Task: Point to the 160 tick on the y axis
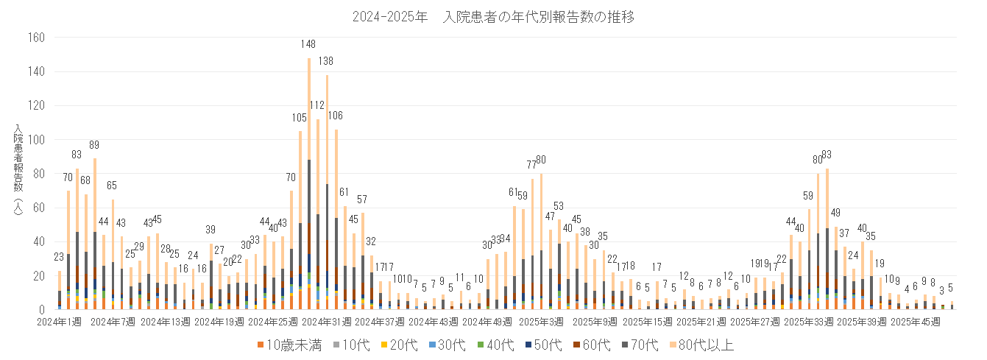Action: [x=36, y=38]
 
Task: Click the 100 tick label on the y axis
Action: [x=36, y=140]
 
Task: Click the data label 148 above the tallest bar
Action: [x=308, y=45]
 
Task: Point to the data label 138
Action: [x=326, y=62]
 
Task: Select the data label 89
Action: [x=94, y=145]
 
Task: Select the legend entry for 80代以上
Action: [x=703, y=345]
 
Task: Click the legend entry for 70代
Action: [x=643, y=345]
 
